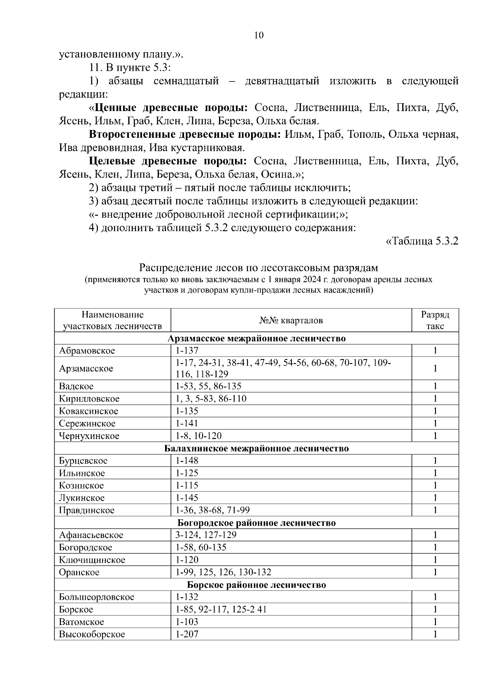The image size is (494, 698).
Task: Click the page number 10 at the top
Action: pos(259,35)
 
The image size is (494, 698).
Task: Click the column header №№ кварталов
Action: pos(291,320)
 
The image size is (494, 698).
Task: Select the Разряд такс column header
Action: pos(435,320)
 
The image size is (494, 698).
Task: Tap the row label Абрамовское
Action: pos(87,351)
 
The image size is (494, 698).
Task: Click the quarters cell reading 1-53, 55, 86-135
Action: pos(208,386)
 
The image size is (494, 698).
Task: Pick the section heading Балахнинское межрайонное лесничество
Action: pos(256,448)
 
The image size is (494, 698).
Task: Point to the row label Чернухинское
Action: pos(89,436)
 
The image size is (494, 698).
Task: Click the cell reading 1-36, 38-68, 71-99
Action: pos(212,510)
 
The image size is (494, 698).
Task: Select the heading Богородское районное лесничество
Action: pos(256,523)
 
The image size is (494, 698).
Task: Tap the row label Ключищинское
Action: pos(92,560)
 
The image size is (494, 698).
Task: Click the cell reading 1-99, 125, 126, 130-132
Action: pos(223,573)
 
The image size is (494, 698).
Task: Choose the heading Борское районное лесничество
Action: pos(256,585)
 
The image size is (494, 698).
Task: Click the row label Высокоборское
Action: pos(92,635)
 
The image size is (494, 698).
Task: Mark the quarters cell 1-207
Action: pos(187,635)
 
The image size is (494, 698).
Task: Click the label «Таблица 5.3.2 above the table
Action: pos(422,241)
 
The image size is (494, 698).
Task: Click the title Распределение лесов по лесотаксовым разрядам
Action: pos(258,268)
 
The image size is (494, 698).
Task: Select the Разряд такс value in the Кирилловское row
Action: pos(435,399)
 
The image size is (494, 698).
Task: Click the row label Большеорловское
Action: pos(96,597)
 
